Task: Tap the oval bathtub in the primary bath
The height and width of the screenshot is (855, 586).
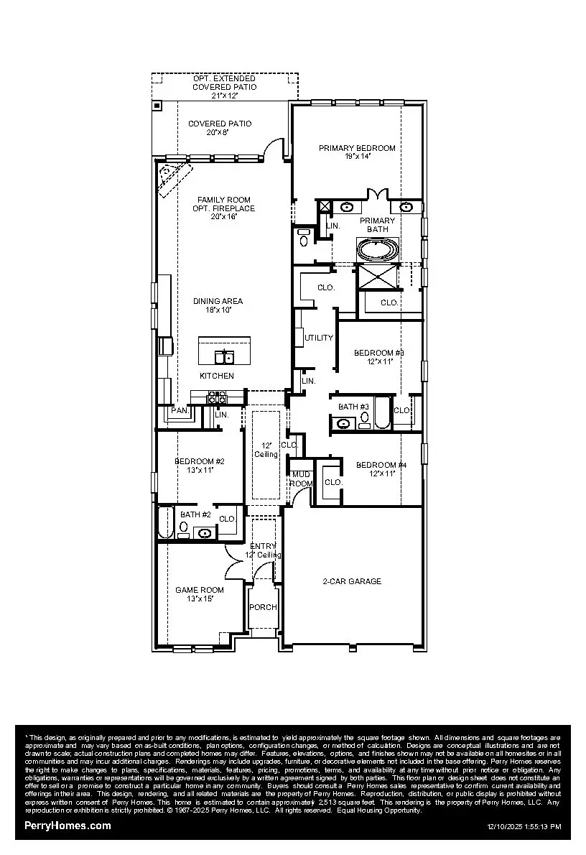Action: tap(378, 251)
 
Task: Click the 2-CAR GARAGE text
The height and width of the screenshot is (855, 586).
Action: tap(353, 581)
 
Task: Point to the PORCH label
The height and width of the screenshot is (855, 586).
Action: tap(263, 607)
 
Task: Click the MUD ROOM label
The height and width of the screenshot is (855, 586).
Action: tap(302, 479)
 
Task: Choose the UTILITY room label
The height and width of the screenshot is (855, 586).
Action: tap(319, 338)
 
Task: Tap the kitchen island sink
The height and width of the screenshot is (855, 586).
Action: tap(225, 356)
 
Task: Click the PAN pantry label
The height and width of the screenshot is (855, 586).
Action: tap(178, 412)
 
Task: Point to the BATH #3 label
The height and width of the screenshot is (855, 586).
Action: tap(353, 407)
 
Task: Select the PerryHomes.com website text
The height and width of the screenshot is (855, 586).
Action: tap(68, 826)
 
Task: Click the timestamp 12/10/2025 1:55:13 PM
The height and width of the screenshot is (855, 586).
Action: tap(524, 827)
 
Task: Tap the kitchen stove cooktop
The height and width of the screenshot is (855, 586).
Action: tap(217, 397)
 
